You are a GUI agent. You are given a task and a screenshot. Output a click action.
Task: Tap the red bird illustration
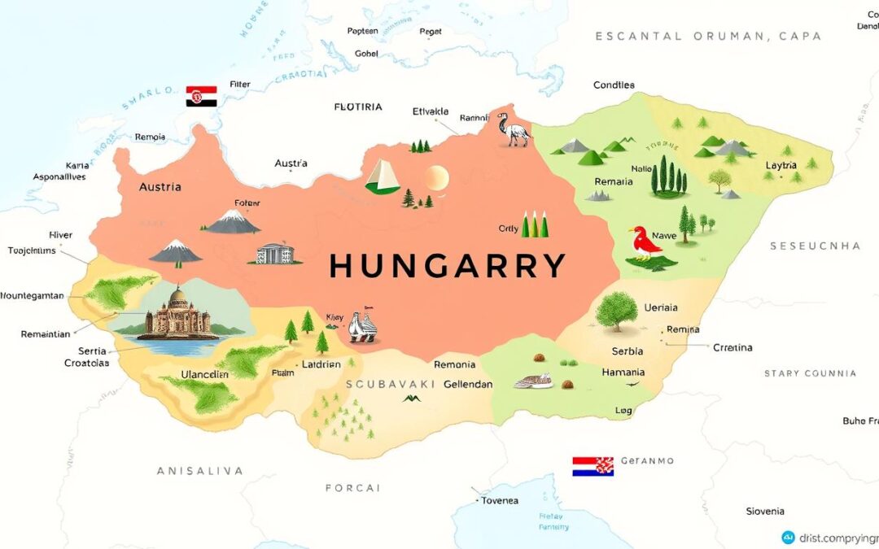click(645, 242)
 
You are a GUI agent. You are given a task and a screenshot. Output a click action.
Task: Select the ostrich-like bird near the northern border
click(514, 129)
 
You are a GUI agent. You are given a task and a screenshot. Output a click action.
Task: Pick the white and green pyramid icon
click(383, 176)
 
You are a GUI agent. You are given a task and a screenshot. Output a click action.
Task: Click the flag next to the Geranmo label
click(592, 466)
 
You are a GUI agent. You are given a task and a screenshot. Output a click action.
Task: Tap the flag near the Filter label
click(201, 96)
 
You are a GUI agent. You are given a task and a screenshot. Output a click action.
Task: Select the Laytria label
click(781, 166)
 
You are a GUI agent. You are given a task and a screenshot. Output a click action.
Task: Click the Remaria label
click(614, 181)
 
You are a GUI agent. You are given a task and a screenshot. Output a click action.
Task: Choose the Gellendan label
click(468, 384)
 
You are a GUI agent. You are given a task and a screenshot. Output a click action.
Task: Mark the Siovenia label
click(765, 511)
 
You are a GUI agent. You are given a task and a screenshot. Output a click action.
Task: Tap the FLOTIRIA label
click(358, 107)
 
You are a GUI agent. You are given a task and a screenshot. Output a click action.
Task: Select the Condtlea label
click(614, 85)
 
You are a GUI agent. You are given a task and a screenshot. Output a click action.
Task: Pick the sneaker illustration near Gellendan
click(534, 380)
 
